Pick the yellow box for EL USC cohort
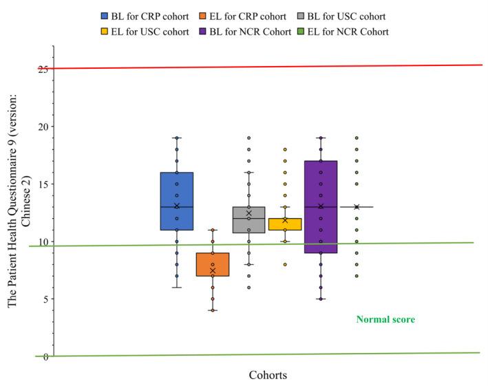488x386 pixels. (285, 224)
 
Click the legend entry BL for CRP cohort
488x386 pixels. (142, 15)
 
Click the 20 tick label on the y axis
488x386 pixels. (43, 127)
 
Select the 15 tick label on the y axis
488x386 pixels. (43, 184)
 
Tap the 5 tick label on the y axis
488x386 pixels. (45, 299)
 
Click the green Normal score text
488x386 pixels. (385, 319)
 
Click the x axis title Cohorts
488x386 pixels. (268, 375)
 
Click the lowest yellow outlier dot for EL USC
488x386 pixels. (285, 264)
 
